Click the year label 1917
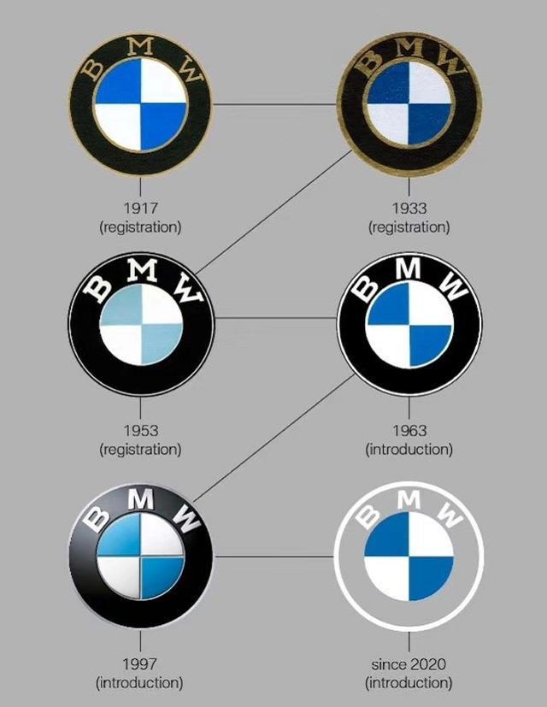click(x=141, y=209)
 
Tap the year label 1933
click(x=409, y=209)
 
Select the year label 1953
click(x=141, y=431)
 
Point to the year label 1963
click(x=409, y=431)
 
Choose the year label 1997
click(x=140, y=664)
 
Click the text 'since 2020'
click(x=409, y=664)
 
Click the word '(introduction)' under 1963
click(x=409, y=450)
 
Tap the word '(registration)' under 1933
click(x=409, y=227)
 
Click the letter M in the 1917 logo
click(x=140, y=46)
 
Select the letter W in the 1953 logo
click(x=188, y=291)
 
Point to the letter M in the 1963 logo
click(x=408, y=268)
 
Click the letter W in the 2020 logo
click(x=450, y=515)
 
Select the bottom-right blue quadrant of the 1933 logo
click(x=430, y=124)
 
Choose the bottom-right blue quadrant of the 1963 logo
click(x=430, y=345)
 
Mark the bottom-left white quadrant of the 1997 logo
click(x=119, y=577)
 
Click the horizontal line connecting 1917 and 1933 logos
click(x=274, y=104)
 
